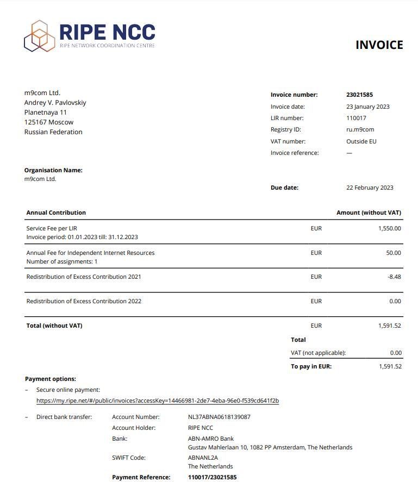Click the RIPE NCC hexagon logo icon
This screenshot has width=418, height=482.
[39, 36]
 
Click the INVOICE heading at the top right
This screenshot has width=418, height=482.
[379, 45]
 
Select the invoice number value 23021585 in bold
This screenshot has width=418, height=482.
[359, 95]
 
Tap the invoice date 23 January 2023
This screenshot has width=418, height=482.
[367, 107]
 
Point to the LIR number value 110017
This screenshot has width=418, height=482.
[356, 118]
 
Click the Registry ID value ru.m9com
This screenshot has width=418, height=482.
[360, 130]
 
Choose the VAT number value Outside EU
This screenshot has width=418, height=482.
[361, 142]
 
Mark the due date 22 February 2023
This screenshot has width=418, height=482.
[370, 188]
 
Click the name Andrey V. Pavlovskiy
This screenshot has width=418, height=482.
[55, 103]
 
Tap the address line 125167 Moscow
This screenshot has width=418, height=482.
[49, 122]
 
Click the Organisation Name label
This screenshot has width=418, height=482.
[53, 171]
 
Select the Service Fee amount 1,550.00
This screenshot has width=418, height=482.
[389, 229]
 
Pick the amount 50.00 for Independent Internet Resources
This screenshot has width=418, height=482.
[394, 253]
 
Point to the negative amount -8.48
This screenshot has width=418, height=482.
[394, 277]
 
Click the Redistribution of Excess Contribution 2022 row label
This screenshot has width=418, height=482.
[84, 302]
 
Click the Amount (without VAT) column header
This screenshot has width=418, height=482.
[369, 213]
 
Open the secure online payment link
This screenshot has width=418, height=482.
[158, 401]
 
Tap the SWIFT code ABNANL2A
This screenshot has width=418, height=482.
[203, 458]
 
